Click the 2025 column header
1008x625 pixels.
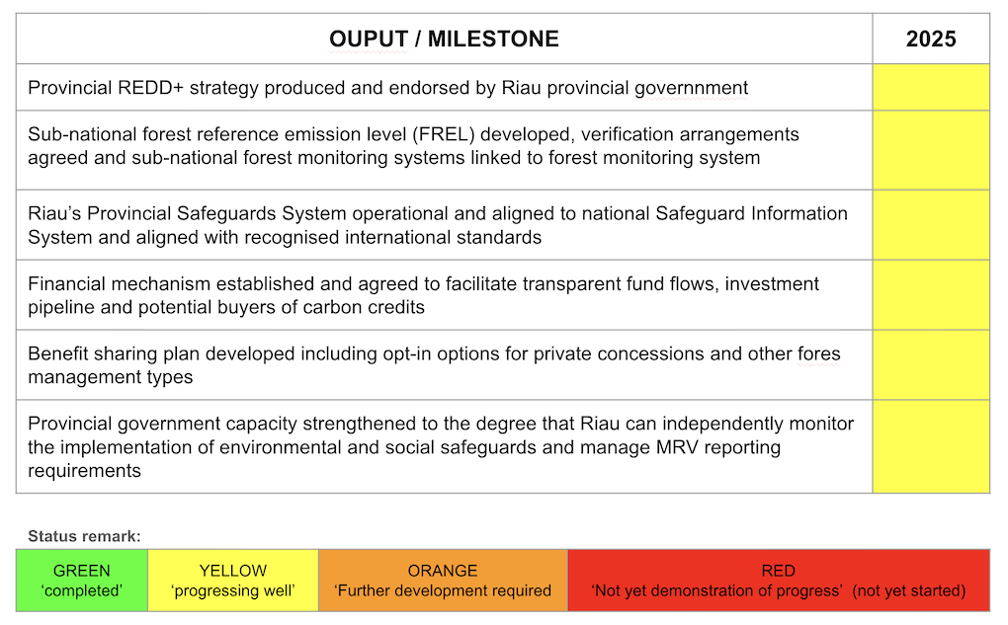point(931,39)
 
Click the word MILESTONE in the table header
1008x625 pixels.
point(493,39)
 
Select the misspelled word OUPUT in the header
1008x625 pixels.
point(369,39)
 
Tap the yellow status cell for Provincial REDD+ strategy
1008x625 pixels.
point(931,87)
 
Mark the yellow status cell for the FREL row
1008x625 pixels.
point(931,150)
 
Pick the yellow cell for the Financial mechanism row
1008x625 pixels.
point(931,295)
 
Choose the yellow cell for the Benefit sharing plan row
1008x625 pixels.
point(931,365)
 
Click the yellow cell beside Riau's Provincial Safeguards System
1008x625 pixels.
point(931,225)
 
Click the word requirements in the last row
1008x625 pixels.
point(84,471)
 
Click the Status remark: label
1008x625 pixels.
point(84,536)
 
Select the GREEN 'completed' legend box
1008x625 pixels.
point(82,580)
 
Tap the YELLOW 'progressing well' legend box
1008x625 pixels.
point(232,580)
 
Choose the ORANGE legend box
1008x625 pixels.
point(443,580)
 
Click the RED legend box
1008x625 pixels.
point(779,580)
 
